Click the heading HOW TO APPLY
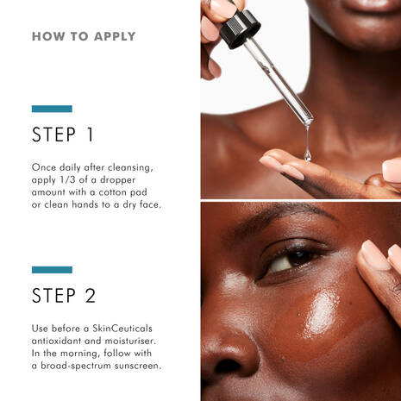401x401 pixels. tap(84, 37)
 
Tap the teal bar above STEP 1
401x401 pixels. tap(52, 109)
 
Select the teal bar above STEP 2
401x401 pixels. tap(52, 270)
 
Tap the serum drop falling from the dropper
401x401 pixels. tap(307, 155)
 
